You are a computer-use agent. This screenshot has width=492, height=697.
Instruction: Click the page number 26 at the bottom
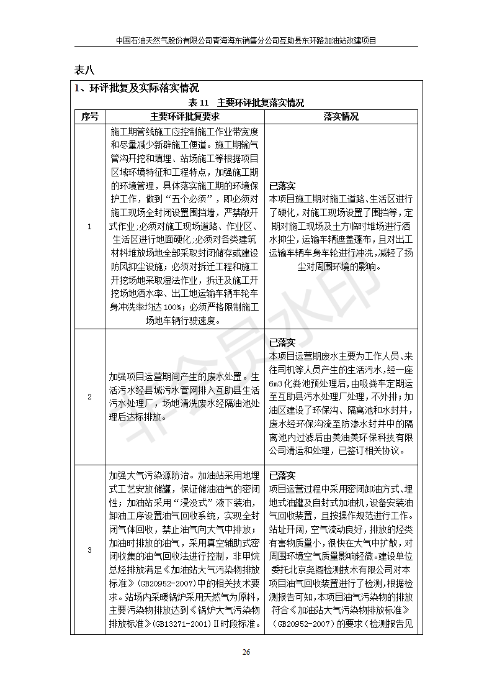(246, 652)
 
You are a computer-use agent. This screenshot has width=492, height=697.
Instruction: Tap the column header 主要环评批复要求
(185, 116)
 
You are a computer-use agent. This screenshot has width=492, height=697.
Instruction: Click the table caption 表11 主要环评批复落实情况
(246, 102)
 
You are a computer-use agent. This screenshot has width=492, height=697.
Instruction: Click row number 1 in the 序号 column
(89, 227)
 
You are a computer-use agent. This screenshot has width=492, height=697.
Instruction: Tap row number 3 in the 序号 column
(89, 550)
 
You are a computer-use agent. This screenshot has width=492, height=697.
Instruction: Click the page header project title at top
(246, 40)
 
